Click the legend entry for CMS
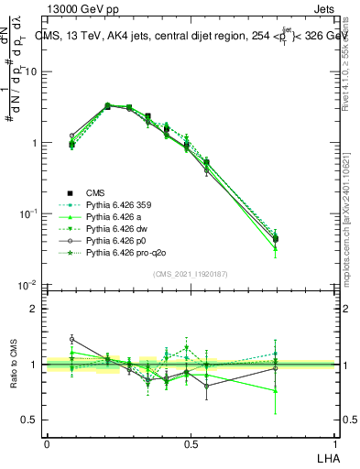coord(96,192)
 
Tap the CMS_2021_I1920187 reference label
coord(191,274)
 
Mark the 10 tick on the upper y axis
coord(33,71)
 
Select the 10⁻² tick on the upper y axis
coord(29,285)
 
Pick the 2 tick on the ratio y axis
coord(35,309)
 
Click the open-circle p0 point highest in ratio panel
coord(72,339)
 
